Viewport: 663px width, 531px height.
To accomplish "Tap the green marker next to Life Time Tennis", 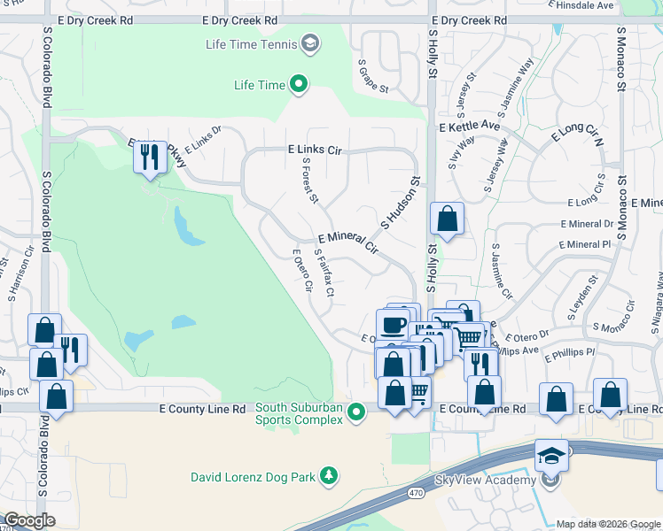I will (310, 42).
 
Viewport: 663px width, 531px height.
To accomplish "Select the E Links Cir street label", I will (314, 151).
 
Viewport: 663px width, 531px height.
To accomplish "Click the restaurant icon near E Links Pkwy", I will (149, 158).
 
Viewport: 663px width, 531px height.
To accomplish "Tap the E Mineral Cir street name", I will (347, 244).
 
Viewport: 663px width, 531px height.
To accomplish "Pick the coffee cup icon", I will (394, 324).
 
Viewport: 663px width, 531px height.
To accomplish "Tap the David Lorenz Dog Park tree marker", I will (329, 477).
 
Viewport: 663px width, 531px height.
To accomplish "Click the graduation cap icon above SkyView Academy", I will (551, 456).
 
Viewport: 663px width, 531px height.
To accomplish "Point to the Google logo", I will (29, 520).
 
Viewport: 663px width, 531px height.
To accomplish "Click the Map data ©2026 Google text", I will (607, 524).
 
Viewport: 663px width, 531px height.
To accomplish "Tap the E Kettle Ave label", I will (469, 127).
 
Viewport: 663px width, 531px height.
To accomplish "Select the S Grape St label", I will (373, 76).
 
